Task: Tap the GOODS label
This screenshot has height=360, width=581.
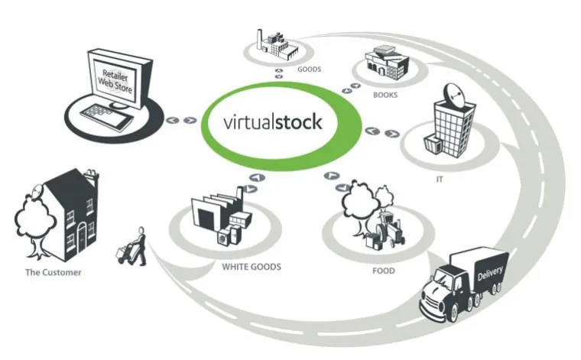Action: (310, 69)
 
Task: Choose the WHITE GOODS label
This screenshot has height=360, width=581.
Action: (252, 267)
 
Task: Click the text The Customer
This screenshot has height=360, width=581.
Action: (53, 271)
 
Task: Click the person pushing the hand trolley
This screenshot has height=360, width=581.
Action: (138, 246)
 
